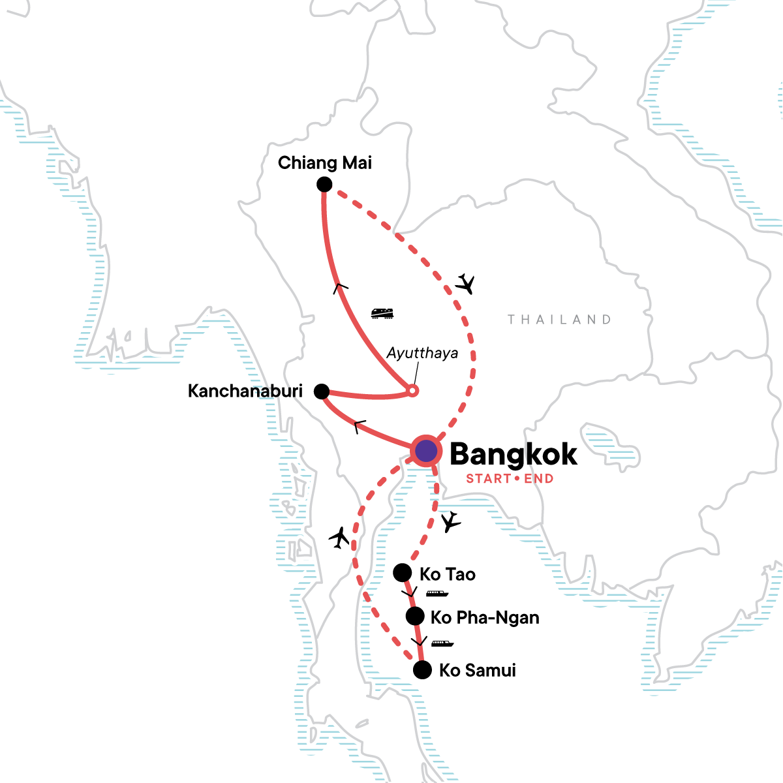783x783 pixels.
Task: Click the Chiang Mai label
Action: coord(324,162)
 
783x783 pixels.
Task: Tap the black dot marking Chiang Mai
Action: coord(324,185)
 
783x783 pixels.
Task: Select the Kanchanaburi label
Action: coord(245,391)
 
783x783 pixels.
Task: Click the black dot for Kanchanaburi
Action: coord(321,391)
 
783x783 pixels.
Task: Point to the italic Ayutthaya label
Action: coord(422,354)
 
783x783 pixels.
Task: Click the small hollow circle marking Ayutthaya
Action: coord(412,391)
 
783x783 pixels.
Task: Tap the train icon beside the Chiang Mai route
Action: coord(382,314)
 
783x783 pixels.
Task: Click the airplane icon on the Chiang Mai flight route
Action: coord(465,284)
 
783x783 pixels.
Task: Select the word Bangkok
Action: coord(514,454)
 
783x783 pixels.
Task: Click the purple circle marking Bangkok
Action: coord(425,450)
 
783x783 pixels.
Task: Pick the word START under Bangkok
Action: coord(488,479)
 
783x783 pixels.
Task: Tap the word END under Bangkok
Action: coord(538,479)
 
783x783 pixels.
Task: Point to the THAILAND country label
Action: coord(559,320)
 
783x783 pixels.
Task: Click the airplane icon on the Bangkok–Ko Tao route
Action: coord(450,521)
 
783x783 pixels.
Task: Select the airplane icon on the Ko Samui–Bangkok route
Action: coord(339,537)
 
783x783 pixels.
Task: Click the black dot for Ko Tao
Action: coord(403,573)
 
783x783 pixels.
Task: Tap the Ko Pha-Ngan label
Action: coord(485,617)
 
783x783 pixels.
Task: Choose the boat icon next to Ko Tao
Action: coord(437,594)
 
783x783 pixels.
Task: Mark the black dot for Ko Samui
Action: coord(422,670)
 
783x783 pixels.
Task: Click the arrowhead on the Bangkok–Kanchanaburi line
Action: coord(359,427)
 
